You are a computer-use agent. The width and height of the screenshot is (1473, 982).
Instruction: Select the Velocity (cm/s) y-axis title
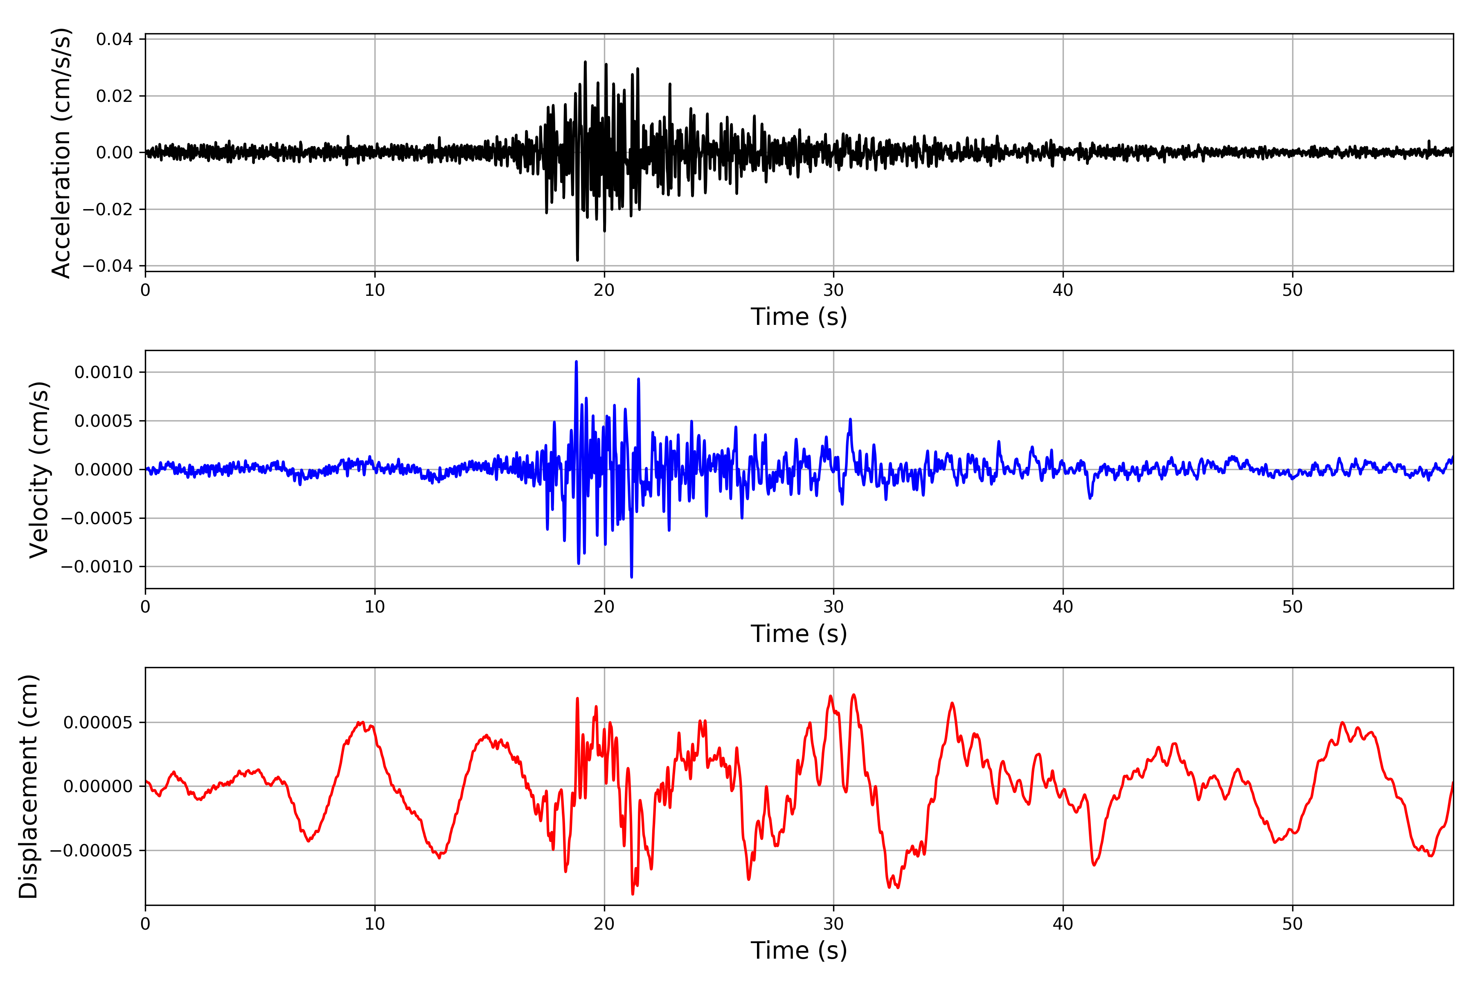pos(39,470)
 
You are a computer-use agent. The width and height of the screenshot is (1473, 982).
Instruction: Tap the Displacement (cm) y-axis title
pos(28,786)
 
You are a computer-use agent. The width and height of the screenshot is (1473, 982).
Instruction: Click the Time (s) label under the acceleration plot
pos(799,317)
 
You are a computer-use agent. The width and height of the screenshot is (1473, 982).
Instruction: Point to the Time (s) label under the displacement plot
pos(799,950)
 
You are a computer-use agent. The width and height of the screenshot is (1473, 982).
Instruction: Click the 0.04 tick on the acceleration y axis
pos(114,39)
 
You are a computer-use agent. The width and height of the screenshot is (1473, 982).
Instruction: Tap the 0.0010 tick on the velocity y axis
pos(104,373)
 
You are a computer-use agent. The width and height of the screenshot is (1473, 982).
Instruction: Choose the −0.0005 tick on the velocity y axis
pos(97,518)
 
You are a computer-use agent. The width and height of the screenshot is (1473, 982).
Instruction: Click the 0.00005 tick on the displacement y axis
pos(98,723)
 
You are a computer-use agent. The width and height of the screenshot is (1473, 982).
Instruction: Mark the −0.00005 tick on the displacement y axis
pos(91,851)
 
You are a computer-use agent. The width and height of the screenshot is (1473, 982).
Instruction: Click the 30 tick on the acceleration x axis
pos(833,291)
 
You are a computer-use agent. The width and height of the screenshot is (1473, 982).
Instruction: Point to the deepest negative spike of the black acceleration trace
pos(577,260)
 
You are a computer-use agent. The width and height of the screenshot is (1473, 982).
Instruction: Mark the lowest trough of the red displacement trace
pos(633,894)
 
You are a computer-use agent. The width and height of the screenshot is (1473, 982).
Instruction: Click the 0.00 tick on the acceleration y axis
pos(114,153)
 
